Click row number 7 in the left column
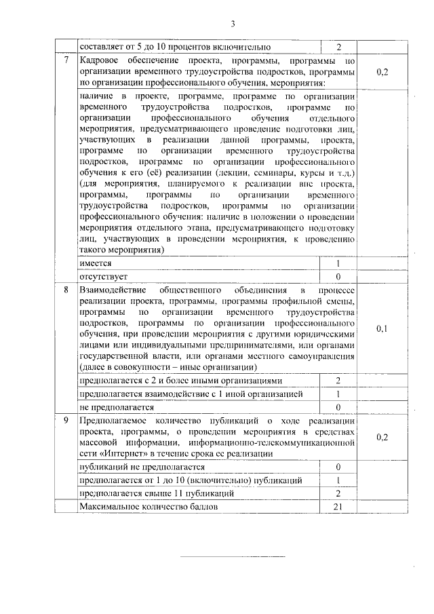pos(66,60)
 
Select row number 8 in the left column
pos(66,290)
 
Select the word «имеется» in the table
pos(96,263)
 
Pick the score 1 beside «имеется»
pos(338,263)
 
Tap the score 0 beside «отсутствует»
pos(338,276)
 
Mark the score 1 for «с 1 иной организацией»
pos(338,394)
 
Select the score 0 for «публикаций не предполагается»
pos(338,467)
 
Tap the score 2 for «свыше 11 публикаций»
pos(338,494)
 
